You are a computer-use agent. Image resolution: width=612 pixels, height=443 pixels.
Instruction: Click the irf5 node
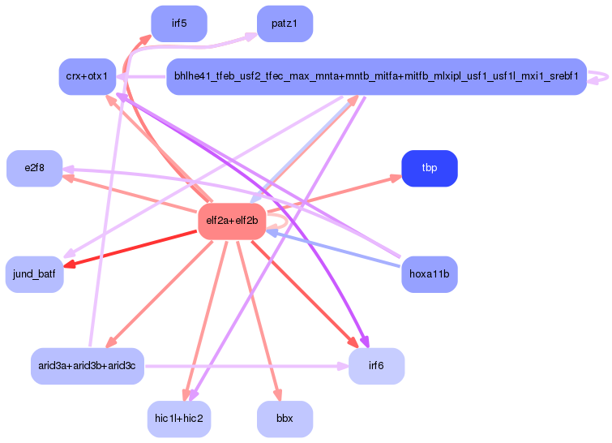179,24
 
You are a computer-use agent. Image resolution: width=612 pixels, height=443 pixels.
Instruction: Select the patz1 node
285,24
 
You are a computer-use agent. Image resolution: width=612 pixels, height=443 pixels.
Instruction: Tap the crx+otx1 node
88,76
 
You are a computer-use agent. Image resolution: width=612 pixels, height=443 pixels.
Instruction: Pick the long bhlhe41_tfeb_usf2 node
375,76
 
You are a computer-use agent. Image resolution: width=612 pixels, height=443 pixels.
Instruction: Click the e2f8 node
34,168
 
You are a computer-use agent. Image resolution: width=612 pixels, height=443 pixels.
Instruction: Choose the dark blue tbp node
430,168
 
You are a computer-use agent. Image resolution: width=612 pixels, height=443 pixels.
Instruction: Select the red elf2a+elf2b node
232,221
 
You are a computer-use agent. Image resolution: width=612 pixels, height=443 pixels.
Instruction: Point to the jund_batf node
34,274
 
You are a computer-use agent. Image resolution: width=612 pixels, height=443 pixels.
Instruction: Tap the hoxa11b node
430,274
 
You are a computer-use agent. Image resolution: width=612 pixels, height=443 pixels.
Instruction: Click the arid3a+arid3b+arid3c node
87,366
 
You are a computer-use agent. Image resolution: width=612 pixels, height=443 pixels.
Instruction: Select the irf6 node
376,366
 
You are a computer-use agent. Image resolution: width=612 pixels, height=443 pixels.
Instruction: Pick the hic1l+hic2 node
179,419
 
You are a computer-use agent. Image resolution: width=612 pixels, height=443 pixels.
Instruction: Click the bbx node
285,419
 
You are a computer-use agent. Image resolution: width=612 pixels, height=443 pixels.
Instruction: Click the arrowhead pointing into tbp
395,178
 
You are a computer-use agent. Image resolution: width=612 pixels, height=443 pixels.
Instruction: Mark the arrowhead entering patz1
251,37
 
